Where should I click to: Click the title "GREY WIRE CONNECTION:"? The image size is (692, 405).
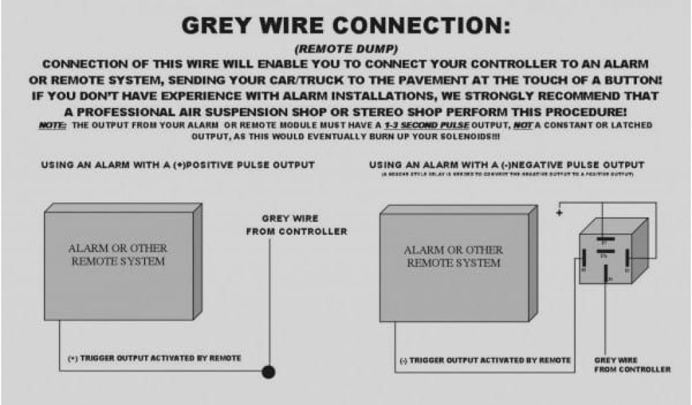pos(345,26)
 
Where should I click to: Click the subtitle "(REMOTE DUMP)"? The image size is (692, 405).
pos(345,50)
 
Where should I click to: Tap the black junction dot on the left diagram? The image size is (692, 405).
pos(269,371)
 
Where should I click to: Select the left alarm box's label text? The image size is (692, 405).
pos(118,254)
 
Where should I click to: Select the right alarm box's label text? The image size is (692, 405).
pos(453,256)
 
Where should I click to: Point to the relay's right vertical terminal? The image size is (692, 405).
pos(628,258)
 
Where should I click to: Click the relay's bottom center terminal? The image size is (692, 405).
pos(606,274)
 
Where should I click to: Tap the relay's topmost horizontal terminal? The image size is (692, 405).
pos(606,238)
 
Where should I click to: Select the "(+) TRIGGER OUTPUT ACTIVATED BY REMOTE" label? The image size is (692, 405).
pos(154,358)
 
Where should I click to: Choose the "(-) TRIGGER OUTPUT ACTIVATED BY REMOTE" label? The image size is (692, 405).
pos(485,360)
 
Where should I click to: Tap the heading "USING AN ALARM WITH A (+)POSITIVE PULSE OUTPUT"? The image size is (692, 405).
pos(178,164)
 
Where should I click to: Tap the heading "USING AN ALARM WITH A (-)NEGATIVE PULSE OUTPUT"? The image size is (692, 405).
pos(507,165)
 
